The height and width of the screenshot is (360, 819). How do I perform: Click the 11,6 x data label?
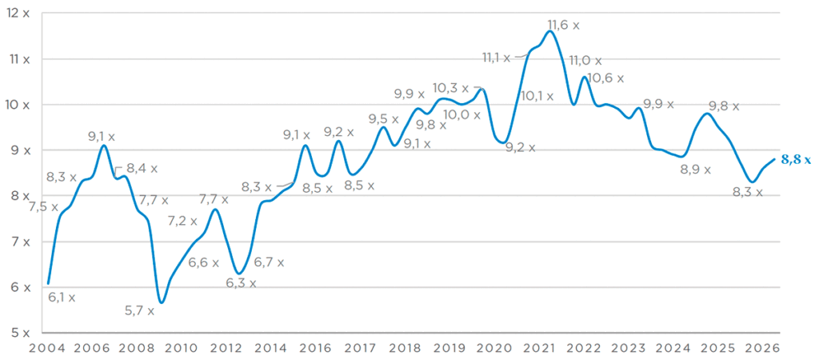[x=564, y=25]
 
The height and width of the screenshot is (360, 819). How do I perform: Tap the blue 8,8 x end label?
[x=796, y=161]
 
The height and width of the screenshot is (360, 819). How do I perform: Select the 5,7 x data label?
[x=139, y=311]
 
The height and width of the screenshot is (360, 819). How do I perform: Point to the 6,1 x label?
[x=62, y=298]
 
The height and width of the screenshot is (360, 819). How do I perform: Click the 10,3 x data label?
[x=451, y=88]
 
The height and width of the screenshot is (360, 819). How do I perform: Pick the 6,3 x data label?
[x=242, y=283]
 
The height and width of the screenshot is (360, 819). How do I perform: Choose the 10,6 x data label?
[x=605, y=78]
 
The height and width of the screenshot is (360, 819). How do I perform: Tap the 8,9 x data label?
[x=697, y=170]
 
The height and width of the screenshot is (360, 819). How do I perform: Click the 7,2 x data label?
[x=183, y=221]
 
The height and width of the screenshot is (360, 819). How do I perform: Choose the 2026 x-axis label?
[x=764, y=348]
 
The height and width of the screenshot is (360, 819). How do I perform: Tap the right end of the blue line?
[x=773, y=159]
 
